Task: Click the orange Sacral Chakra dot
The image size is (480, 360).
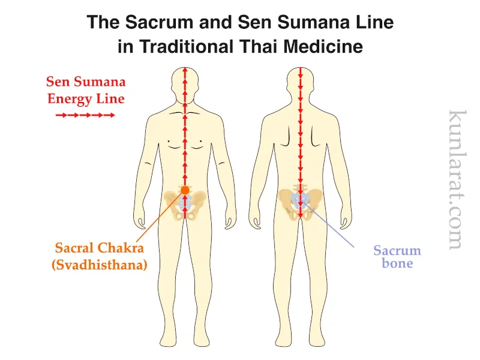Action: pos(185,190)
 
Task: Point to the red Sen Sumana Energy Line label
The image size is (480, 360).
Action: pos(86,91)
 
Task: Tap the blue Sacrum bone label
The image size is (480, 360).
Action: pos(397,257)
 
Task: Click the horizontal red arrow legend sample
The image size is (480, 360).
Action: pos(85,115)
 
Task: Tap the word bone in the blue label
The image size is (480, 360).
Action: pos(397,264)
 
